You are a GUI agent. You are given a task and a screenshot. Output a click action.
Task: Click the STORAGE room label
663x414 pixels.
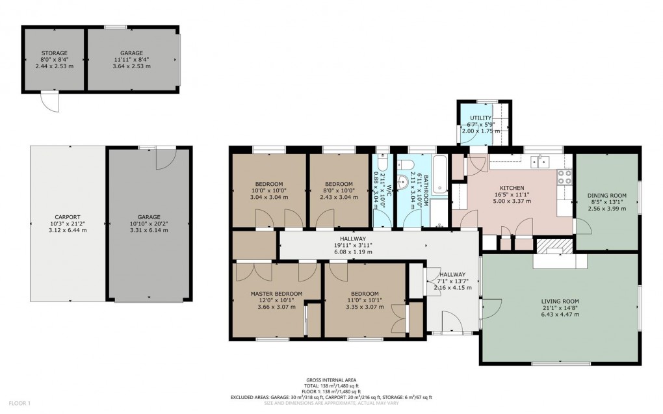coord(55,53)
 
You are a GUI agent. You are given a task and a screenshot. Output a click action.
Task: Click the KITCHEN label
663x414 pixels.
coord(512,188)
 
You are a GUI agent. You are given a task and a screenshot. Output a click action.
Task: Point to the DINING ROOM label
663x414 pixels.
coord(606,196)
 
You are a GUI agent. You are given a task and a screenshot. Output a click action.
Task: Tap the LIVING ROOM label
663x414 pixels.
coord(560,301)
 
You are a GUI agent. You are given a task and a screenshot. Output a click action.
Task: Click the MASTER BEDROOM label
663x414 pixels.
coord(276,294)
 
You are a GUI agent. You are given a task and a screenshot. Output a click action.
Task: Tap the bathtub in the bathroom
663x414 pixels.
coord(439,175)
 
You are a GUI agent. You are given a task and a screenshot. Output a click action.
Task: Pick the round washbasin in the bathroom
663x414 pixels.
coord(403,182)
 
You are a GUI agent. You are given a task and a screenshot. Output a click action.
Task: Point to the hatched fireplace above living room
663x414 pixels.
coord(554,246)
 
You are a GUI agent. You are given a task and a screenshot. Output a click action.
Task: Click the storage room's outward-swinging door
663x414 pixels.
coord(49,101)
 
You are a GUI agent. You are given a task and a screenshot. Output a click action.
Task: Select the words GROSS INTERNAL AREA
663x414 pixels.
coord(331,380)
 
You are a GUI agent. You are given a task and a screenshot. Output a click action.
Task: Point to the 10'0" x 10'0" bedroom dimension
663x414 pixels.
coord(268,190)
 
